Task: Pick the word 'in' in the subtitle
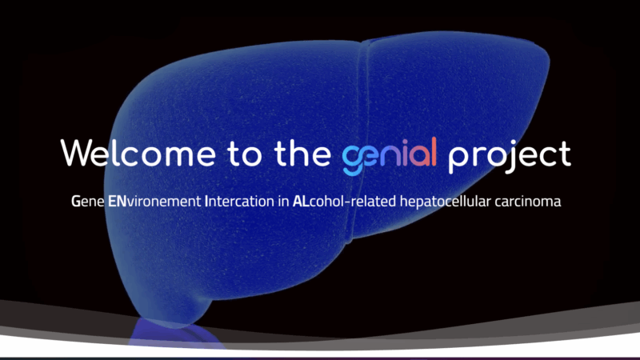[x=283, y=202]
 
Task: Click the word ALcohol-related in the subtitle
[x=338, y=202]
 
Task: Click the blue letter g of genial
[x=353, y=158]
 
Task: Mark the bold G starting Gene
[x=75, y=202]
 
